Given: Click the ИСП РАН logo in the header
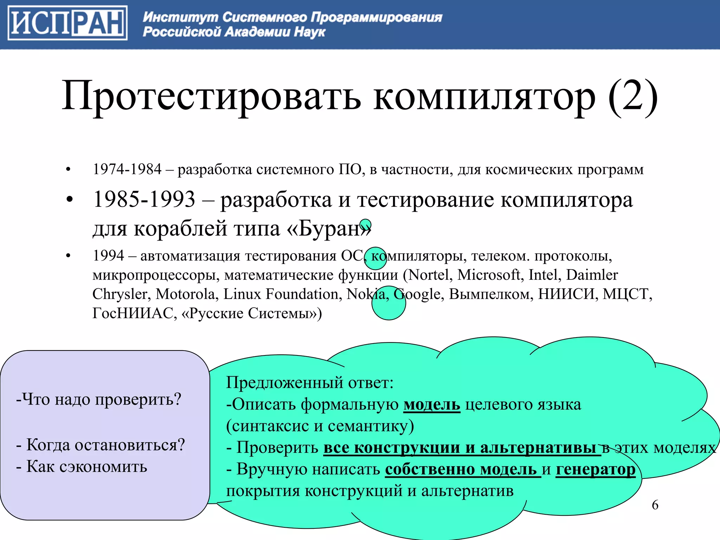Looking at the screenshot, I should pos(67,23).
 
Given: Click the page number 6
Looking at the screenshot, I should pos(655,505).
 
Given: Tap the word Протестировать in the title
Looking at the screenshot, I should pos(211,96).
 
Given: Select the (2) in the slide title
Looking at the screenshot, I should pos(632,96).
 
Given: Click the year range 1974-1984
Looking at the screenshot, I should pos(127,169).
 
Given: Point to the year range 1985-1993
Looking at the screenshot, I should pos(144,199).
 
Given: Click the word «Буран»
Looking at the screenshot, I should pos(329,229).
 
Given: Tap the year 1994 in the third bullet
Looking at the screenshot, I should pos(108,256).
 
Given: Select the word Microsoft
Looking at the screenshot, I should pos(489,275).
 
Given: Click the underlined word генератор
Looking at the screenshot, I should pos(595,469).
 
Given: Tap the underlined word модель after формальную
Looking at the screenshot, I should pos(432,404).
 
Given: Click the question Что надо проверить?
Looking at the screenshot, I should pos(99,399).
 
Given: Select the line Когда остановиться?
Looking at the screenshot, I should pos(101,445).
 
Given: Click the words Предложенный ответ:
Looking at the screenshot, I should pos(309,382).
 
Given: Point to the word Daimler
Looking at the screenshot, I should pos(592,275).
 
